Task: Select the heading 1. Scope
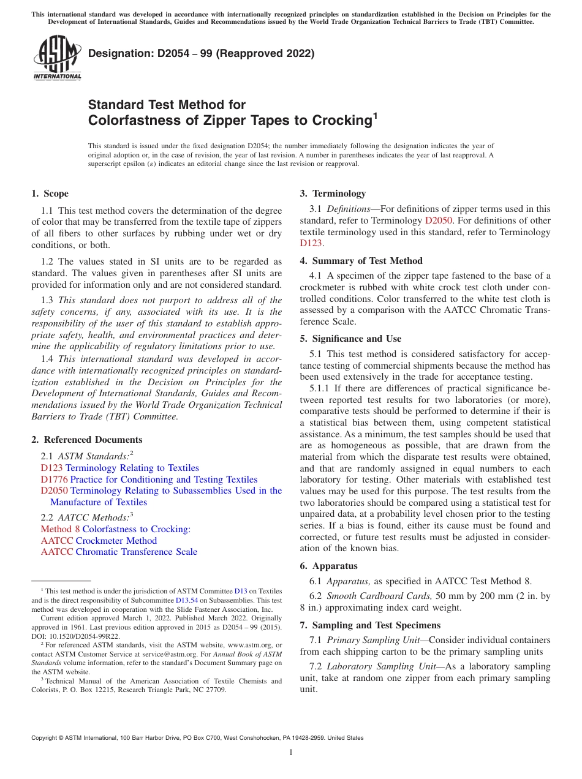(50, 194)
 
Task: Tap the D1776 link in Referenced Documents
(54, 480)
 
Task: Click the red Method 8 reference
(60, 529)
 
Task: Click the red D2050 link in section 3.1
(438, 220)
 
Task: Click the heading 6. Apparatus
(328, 566)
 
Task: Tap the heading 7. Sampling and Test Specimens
(370, 625)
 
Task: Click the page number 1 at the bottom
(291, 753)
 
